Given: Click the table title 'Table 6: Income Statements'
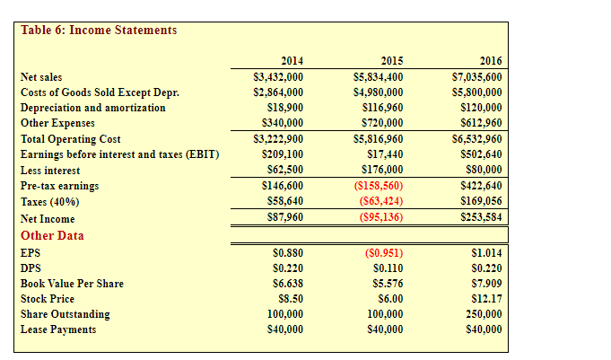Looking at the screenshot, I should pos(99,30).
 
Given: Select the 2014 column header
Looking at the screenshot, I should pos(292,61).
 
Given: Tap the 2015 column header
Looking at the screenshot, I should pos(391,61).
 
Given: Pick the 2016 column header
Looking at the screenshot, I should pos(491,61).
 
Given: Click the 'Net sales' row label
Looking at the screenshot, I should pos(41,77).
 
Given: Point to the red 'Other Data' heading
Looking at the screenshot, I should pos(52,235).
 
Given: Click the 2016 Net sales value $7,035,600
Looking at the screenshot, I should pos(476,77).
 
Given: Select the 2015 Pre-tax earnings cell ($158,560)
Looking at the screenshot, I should pos(379,186).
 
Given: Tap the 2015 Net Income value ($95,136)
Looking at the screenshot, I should pos(380,218).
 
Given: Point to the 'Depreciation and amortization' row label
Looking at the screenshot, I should pos(92,108).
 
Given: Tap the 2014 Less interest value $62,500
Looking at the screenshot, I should pos(284,170).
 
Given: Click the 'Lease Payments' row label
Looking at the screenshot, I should pos(58,329).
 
